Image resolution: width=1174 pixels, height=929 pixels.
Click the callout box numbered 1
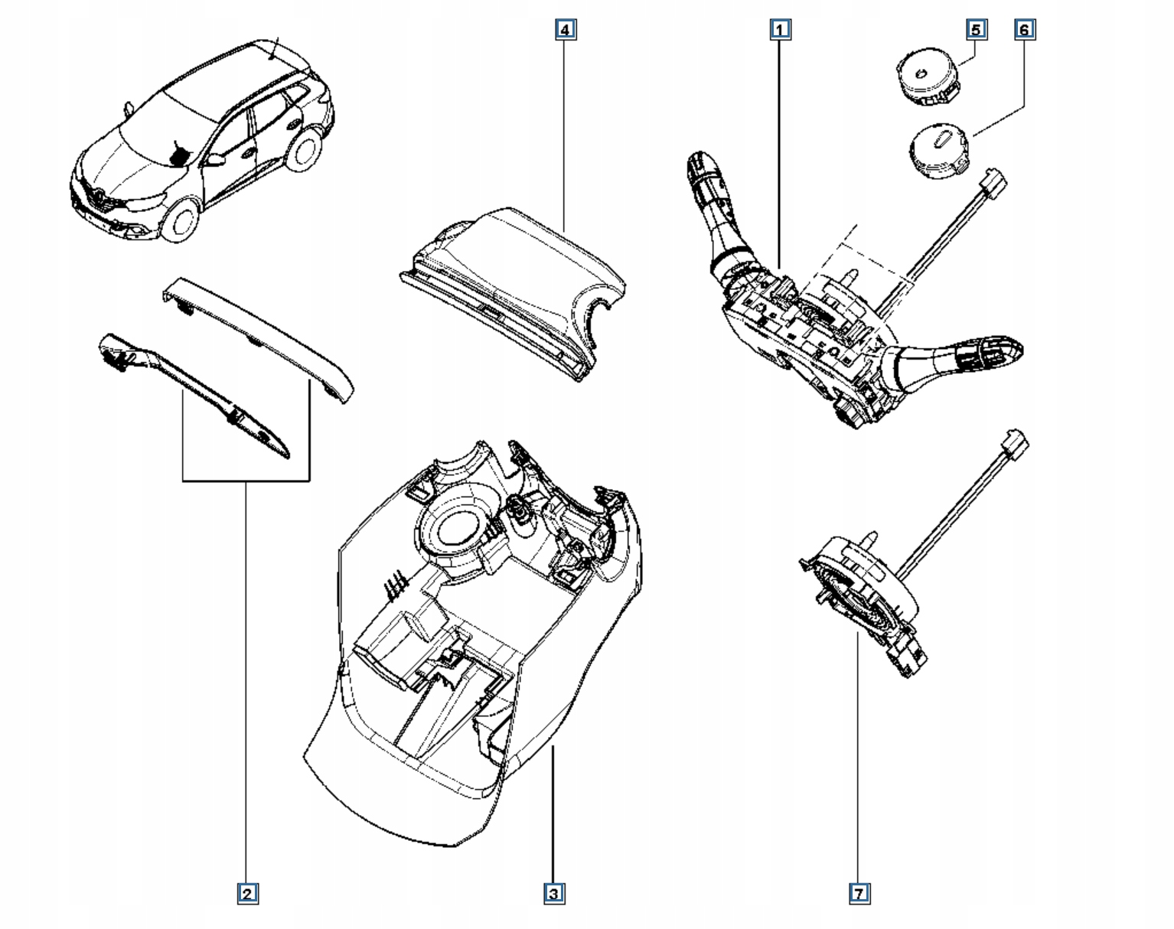(780, 30)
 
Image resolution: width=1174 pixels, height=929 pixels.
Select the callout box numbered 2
(246, 893)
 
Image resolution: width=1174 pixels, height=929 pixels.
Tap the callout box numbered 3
(554, 893)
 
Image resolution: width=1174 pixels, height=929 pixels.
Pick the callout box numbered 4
(565, 30)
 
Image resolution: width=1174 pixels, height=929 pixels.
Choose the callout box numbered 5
(976, 30)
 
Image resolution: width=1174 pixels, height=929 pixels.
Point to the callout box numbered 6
(1025, 30)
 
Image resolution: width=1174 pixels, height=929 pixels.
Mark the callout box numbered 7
(859, 893)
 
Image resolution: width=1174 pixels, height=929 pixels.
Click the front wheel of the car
(181, 219)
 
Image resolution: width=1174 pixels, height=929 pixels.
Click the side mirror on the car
(214, 160)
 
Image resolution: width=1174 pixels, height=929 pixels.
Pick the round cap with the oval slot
(938, 152)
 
